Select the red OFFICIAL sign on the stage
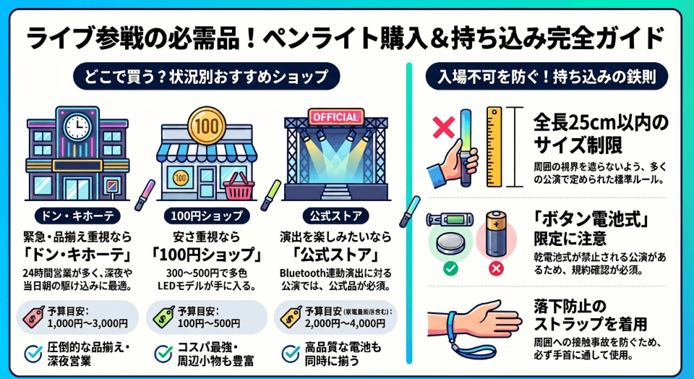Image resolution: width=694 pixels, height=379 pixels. click(334, 116)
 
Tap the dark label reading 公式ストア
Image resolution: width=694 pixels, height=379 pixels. click(334, 216)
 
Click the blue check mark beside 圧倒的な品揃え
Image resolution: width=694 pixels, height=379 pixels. click(33, 354)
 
